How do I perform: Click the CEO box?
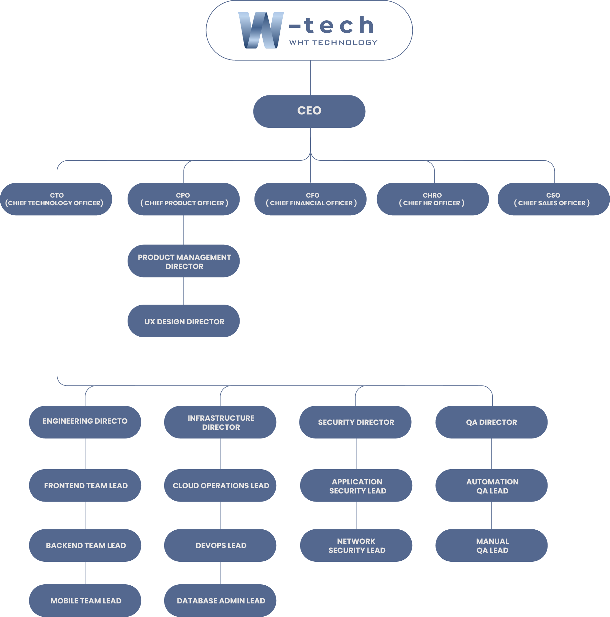click(x=309, y=111)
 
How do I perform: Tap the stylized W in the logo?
click(x=261, y=30)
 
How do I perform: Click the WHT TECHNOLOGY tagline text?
click(x=333, y=42)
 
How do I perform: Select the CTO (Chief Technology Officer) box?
click(x=56, y=199)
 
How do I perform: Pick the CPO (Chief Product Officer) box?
click(x=184, y=199)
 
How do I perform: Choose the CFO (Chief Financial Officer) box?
click(x=311, y=199)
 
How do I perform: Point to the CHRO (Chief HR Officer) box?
click(x=433, y=199)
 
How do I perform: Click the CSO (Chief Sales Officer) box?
click(x=554, y=199)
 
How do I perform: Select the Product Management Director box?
click(x=184, y=261)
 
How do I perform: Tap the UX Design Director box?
click(x=184, y=321)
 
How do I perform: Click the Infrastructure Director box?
click(x=220, y=422)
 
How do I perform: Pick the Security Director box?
click(x=355, y=422)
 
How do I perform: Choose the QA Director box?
click(x=491, y=422)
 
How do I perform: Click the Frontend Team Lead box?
click(x=85, y=485)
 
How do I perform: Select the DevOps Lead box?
click(x=220, y=545)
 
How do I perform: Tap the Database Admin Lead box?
click(x=220, y=601)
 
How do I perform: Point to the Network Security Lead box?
click(x=356, y=545)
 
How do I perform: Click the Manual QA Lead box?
click(x=491, y=545)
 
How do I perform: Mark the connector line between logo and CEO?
click(x=311, y=78)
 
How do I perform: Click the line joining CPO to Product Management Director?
click(x=184, y=230)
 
